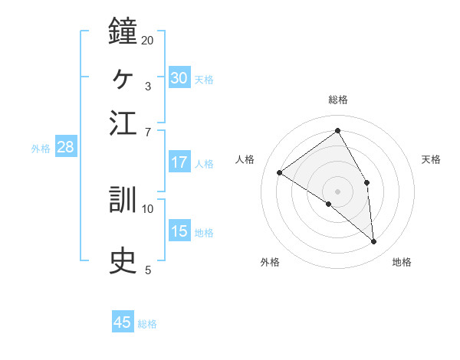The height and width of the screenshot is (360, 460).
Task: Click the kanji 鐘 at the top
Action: click(x=123, y=31)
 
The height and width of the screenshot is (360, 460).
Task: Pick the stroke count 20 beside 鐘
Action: click(x=148, y=40)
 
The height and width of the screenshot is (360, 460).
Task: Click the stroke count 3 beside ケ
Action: click(x=147, y=86)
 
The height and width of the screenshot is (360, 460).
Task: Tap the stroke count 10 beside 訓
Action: click(x=148, y=208)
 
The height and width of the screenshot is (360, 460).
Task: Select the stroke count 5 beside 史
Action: click(x=147, y=270)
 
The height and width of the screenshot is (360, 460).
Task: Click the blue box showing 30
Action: click(x=179, y=78)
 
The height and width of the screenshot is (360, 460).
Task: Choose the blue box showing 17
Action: click(x=179, y=162)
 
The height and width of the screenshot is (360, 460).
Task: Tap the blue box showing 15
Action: click(x=179, y=231)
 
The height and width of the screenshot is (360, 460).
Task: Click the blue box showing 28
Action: click(x=65, y=148)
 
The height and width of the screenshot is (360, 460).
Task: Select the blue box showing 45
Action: click(x=123, y=322)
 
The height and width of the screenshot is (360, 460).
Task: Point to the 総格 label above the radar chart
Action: click(x=337, y=100)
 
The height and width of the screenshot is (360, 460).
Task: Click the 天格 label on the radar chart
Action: click(x=431, y=159)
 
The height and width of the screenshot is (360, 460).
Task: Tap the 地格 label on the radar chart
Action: click(x=402, y=263)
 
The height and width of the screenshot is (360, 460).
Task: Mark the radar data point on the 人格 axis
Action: click(x=280, y=172)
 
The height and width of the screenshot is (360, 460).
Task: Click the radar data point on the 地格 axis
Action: click(x=374, y=242)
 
